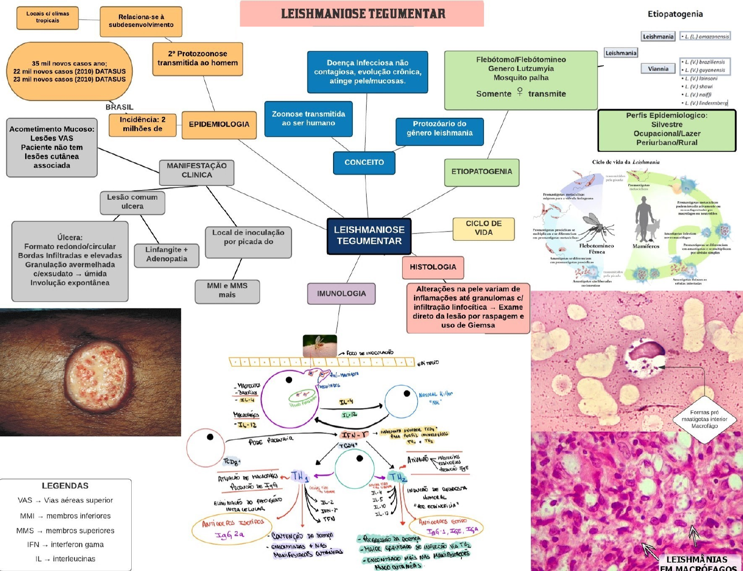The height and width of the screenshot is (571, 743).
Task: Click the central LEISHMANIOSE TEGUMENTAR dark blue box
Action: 369,235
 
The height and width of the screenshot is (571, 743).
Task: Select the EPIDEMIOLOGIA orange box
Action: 219,124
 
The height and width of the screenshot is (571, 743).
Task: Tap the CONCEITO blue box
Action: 364,162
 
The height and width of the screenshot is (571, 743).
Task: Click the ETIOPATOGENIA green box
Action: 482,172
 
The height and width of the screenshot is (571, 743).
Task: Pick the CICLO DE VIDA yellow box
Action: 483,228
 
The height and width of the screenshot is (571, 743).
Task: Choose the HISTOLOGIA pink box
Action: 433,267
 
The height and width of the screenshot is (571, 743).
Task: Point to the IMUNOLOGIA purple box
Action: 341,294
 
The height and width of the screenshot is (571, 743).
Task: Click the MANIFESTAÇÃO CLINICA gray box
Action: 196,171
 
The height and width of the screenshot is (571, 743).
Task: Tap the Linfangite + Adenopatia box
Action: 167,254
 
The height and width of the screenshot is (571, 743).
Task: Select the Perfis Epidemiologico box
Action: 667,129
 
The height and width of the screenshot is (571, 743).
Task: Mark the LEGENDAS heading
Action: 65,486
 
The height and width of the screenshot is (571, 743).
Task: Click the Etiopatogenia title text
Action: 675,14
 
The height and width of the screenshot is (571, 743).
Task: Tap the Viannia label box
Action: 658,69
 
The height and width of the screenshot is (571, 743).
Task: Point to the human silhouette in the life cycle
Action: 642,217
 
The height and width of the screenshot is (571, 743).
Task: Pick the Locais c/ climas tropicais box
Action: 47,17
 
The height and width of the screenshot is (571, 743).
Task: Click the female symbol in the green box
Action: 520,92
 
